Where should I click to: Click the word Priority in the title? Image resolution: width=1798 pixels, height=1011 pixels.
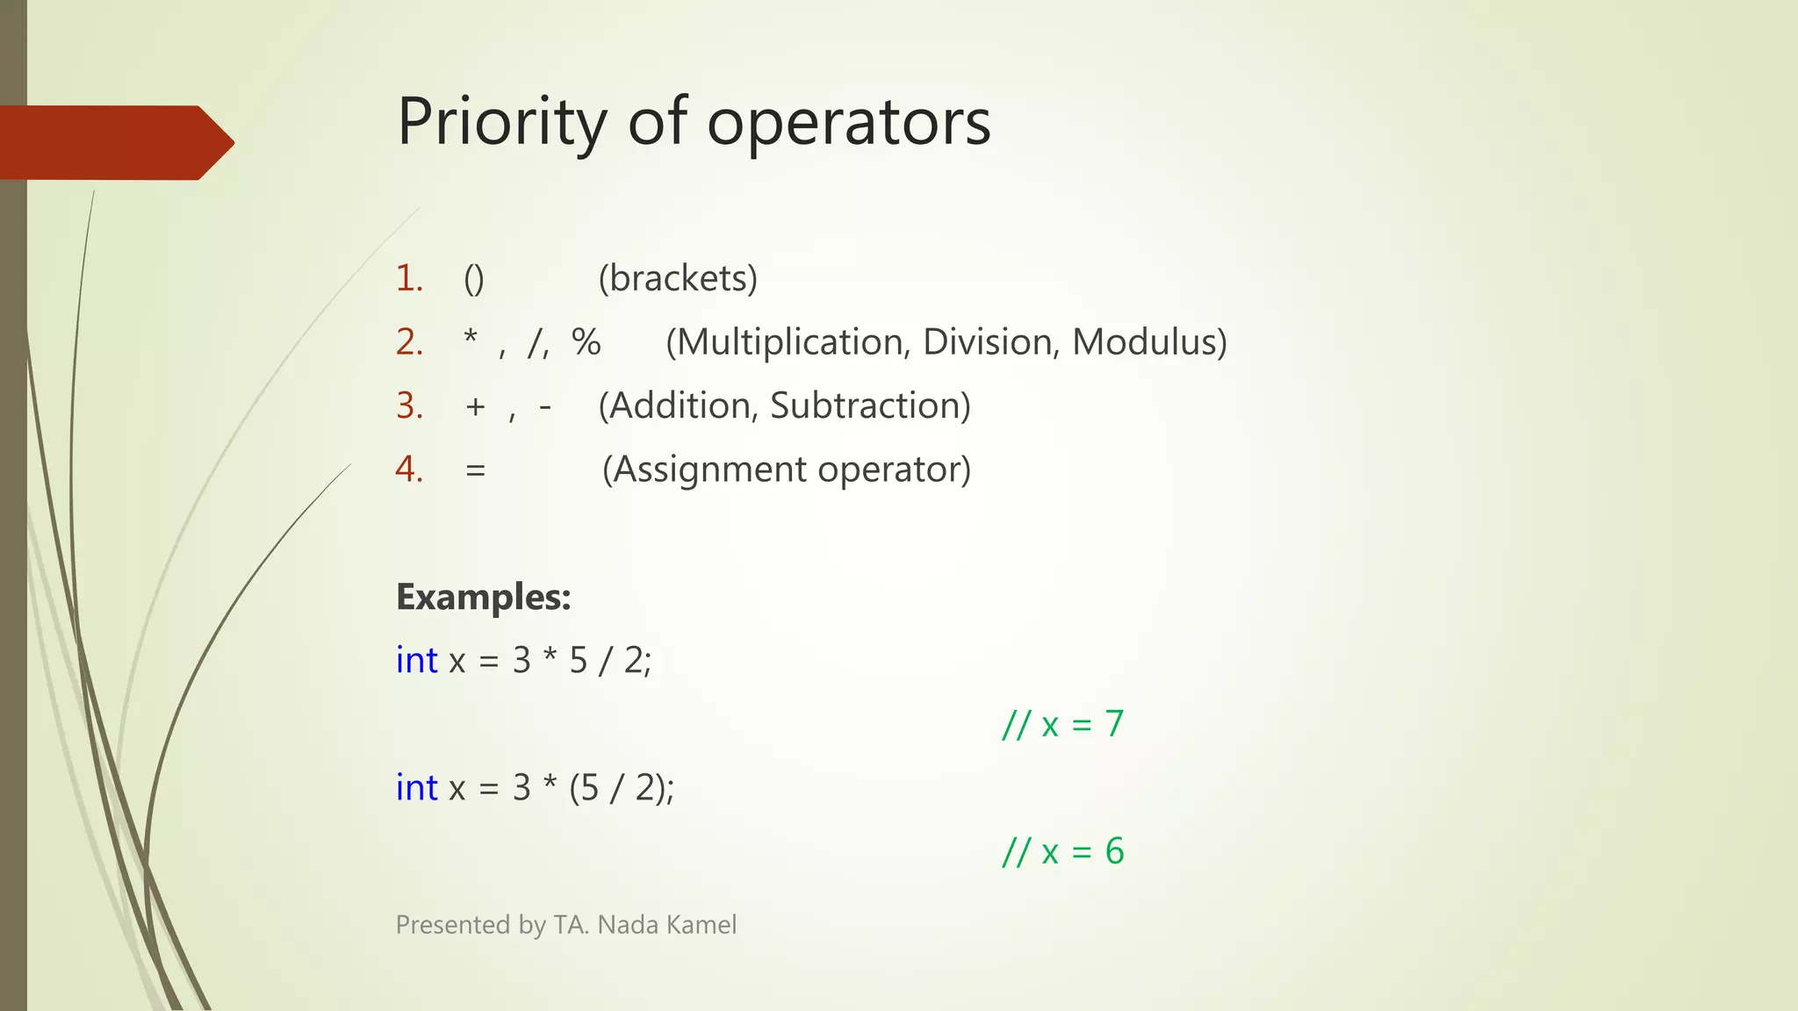pyautogui.click(x=501, y=123)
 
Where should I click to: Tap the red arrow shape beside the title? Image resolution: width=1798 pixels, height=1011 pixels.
pyautogui.click(x=114, y=143)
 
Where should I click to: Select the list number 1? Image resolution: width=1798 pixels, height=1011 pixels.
pyautogui.click(x=409, y=279)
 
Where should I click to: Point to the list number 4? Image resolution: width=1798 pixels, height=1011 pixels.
pyautogui.click(x=409, y=470)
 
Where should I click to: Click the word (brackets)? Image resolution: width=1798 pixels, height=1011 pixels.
pyautogui.click(x=678, y=279)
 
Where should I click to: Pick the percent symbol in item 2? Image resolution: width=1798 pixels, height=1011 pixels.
pyautogui.click(x=586, y=342)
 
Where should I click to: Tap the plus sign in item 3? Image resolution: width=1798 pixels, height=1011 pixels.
pyautogui.click(x=475, y=406)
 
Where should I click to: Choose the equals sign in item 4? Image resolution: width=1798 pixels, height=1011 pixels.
pyautogui.click(x=475, y=470)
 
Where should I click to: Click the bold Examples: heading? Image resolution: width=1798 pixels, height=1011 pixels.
pyautogui.click(x=484, y=597)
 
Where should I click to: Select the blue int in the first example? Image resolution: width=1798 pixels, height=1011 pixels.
pyautogui.click(x=416, y=660)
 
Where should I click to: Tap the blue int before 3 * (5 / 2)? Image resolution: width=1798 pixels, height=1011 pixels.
pyautogui.click(x=416, y=788)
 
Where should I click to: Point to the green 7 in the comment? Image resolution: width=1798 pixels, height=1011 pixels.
pyautogui.click(x=1114, y=724)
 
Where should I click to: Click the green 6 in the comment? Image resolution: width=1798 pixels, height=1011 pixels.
pyautogui.click(x=1114, y=851)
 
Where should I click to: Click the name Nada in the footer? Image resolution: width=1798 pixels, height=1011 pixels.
pyautogui.click(x=627, y=925)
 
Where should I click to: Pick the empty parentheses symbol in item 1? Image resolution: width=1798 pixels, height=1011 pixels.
pyautogui.click(x=473, y=279)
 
